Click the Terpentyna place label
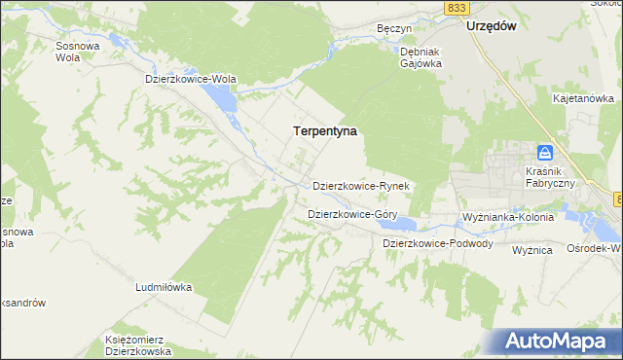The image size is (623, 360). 324,129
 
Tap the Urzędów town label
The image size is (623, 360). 490,26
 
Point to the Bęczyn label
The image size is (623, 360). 390,29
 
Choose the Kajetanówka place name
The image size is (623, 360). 583,98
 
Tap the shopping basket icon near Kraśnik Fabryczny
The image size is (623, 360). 546,153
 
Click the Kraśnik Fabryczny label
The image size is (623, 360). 547,175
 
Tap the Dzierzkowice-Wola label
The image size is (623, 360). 191,79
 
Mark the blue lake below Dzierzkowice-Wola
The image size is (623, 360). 219,98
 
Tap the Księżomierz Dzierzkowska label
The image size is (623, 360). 138,344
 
